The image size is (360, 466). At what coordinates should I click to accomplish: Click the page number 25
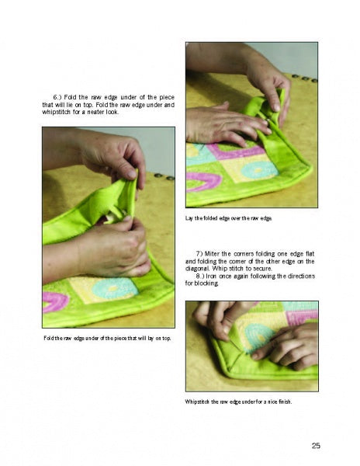click(316, 446)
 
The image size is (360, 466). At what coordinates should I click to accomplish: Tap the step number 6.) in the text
click(57, 97)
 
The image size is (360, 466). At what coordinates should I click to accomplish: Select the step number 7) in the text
click(199, 254)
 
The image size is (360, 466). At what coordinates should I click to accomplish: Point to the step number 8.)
click(199, 276)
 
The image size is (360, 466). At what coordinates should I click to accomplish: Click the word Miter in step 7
click(212, 254)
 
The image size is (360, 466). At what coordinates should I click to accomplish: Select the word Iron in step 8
click(212, 276)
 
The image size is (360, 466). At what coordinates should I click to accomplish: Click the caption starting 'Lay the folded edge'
click(229, 218)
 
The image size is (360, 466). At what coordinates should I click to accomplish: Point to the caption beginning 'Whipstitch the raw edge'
click(239, 402)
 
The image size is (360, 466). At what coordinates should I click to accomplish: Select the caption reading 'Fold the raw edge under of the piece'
click(107, 338)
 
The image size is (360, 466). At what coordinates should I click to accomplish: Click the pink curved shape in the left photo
click(57, 301)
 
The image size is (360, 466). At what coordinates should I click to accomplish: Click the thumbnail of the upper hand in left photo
click(131, 174)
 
